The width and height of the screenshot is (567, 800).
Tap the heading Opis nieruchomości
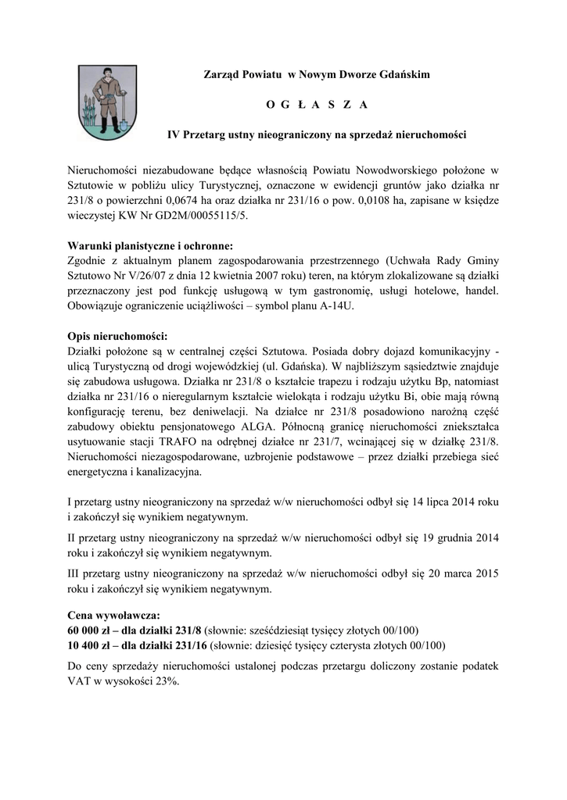(x=118, y=336)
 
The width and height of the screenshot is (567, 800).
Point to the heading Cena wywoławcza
(x=114, y=616)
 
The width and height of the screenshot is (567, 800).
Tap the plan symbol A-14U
(x=339, y=305)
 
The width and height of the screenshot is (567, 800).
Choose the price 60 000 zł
(x=88, y=630)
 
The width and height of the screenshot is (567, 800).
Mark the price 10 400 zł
(x=88, y=645)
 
